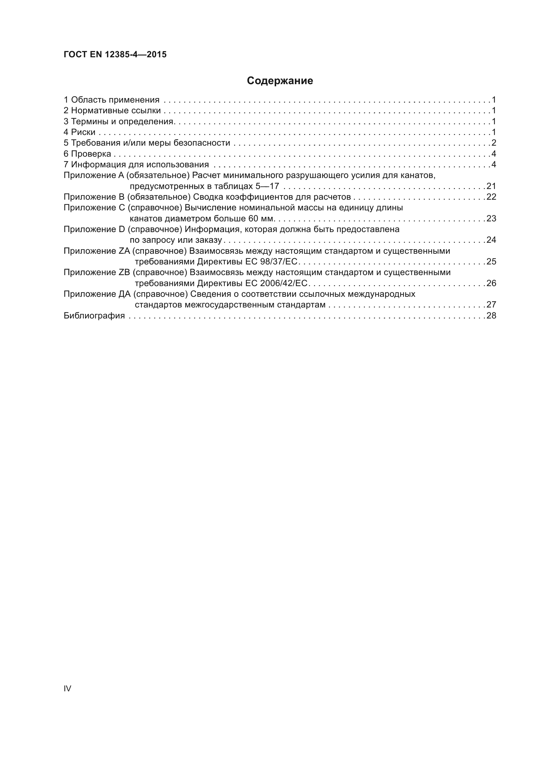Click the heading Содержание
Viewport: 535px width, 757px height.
coord(280,81)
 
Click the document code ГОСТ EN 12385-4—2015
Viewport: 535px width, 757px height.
coord(115,54)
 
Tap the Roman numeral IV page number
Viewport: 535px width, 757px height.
coord(67,688)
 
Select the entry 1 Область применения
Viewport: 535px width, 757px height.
coord(111,100)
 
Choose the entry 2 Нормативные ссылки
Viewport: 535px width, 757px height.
coord(112,110)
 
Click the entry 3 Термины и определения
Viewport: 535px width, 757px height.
coord(119,121)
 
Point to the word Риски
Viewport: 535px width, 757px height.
coord(83,132)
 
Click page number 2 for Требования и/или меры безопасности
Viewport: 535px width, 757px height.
coord(494,143)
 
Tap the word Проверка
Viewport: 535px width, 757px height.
coord(91,154)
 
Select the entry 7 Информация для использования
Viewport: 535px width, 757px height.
coord(136,164)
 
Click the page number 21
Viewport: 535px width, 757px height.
coord(491,186)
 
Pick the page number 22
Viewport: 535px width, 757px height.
coord(491,197)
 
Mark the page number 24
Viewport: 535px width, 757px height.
coord(491,240)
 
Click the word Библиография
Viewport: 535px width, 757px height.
coord(94,316)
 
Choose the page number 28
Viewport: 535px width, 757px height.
coord(491,316)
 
